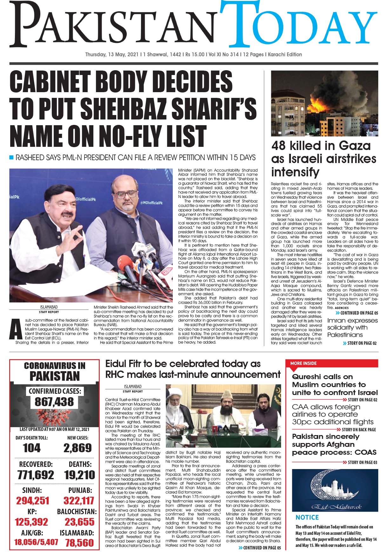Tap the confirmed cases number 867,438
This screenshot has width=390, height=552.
[x=54, y=402]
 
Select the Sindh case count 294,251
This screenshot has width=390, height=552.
[x=33, y=501]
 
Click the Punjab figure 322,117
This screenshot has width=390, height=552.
[x=79, y=501]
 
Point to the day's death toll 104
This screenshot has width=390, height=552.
[x=32, y=448]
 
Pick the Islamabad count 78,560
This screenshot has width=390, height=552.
[x=80, y=542]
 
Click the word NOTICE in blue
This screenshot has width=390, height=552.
[x=307, y=517]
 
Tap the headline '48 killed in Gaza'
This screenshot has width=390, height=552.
[x=321, y=146]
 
